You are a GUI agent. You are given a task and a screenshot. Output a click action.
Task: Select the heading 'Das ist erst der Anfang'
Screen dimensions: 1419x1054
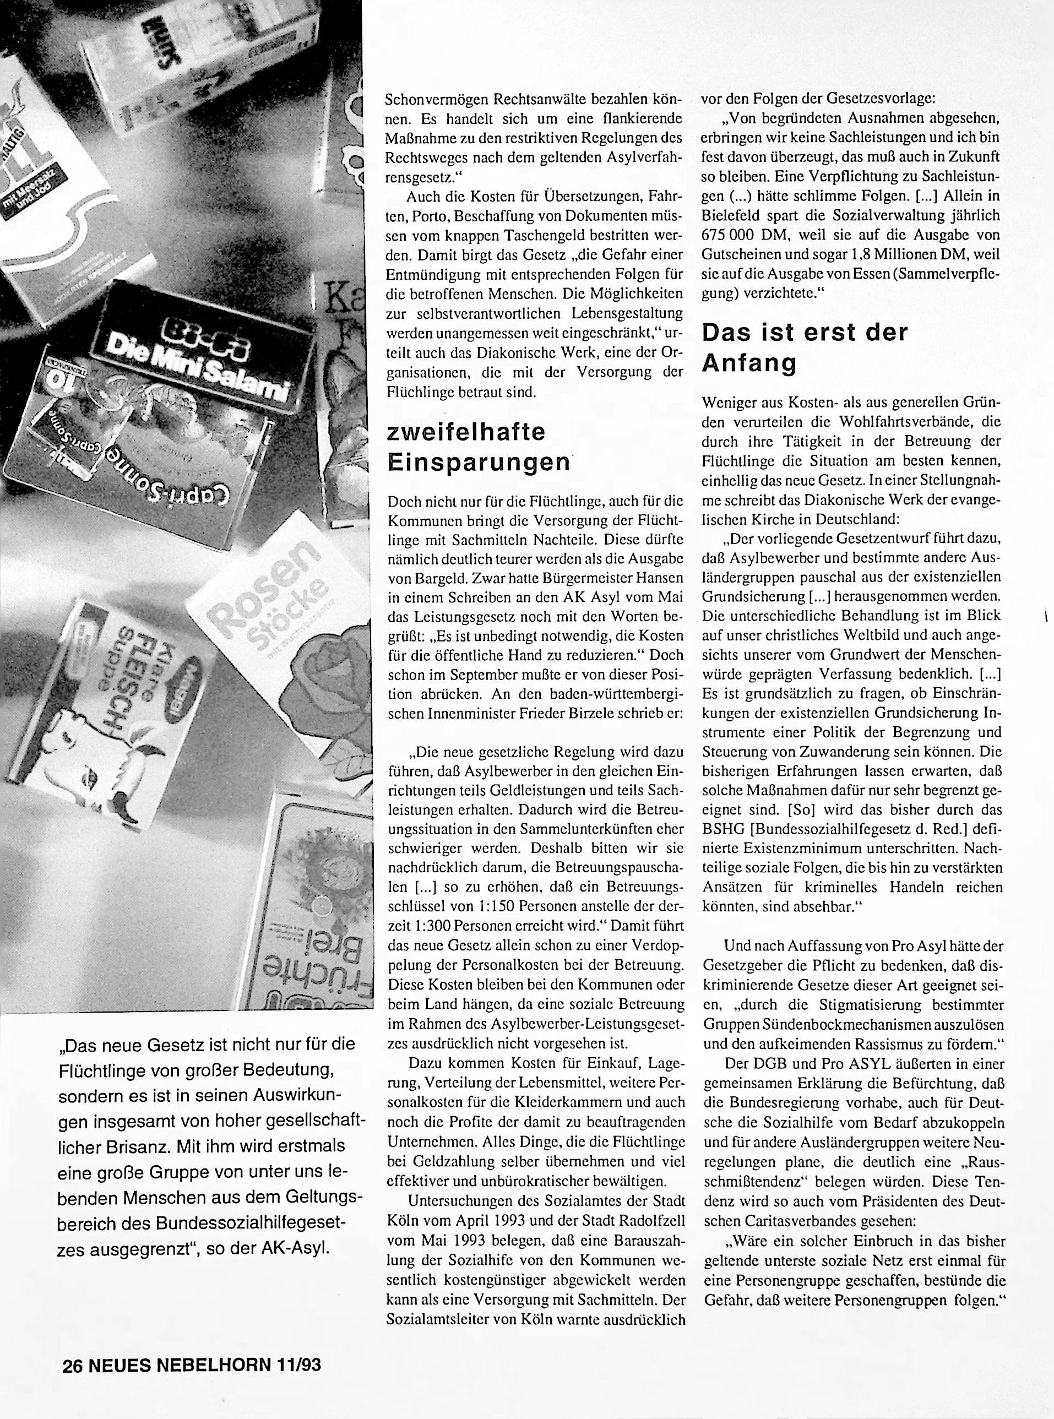[804, 348]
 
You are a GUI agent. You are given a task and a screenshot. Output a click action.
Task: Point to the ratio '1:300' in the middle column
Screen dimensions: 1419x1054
[415, 926]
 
